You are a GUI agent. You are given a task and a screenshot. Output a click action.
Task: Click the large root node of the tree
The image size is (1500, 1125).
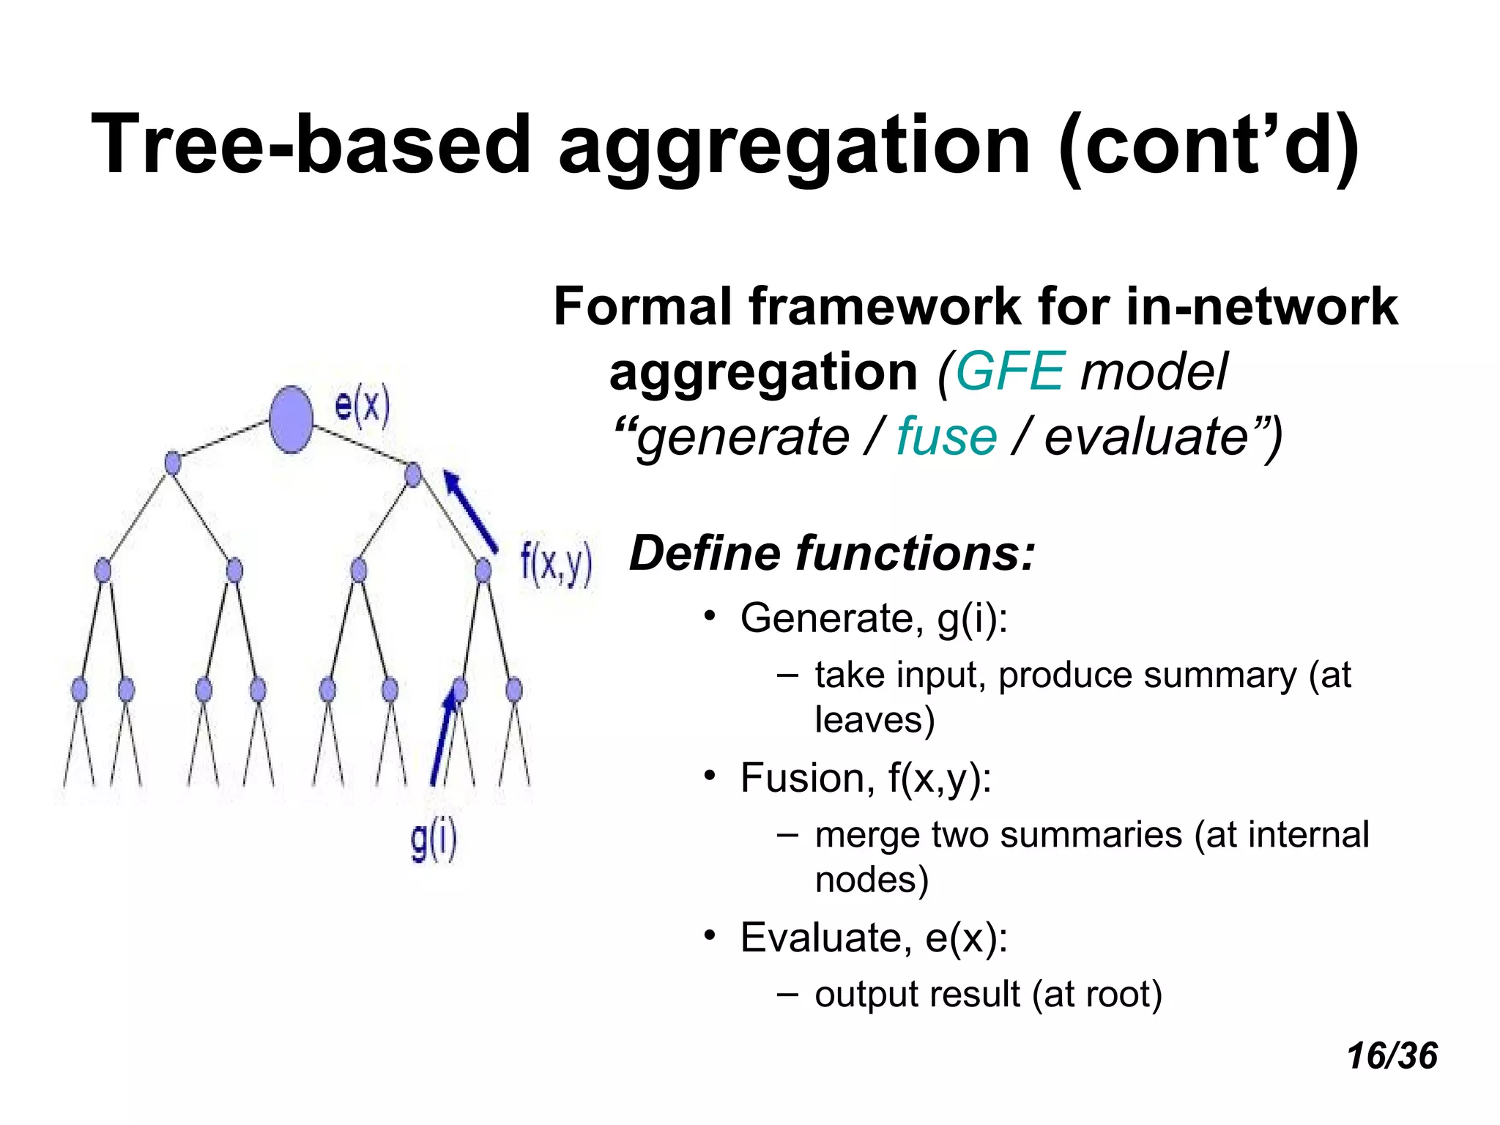(292, 420)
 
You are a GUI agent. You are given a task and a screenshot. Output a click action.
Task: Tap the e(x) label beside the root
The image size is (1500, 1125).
(362, 405)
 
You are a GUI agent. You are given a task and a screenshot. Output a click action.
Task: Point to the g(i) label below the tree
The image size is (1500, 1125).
(434, 840)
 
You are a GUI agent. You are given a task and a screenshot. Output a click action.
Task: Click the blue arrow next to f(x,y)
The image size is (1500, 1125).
(471, 511)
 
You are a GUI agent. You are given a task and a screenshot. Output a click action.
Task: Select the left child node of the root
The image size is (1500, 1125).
(173, 463)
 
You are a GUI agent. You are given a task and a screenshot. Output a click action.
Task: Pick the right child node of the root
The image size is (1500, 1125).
(413, 475)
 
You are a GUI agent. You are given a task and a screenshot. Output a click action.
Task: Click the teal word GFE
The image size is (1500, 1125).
(1009, 371)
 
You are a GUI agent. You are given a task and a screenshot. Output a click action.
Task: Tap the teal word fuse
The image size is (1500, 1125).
(946, 437)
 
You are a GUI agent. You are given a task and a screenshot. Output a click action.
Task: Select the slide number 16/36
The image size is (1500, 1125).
(1392, 1056)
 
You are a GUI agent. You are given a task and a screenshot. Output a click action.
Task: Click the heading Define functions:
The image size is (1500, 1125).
(832, 553)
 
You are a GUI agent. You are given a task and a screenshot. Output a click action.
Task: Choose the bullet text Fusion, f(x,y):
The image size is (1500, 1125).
(866, 777)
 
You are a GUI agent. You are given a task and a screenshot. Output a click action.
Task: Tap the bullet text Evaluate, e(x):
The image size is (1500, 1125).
(874, 937)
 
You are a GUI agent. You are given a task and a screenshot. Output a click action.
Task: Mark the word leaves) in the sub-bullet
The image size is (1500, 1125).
(875, 719)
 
